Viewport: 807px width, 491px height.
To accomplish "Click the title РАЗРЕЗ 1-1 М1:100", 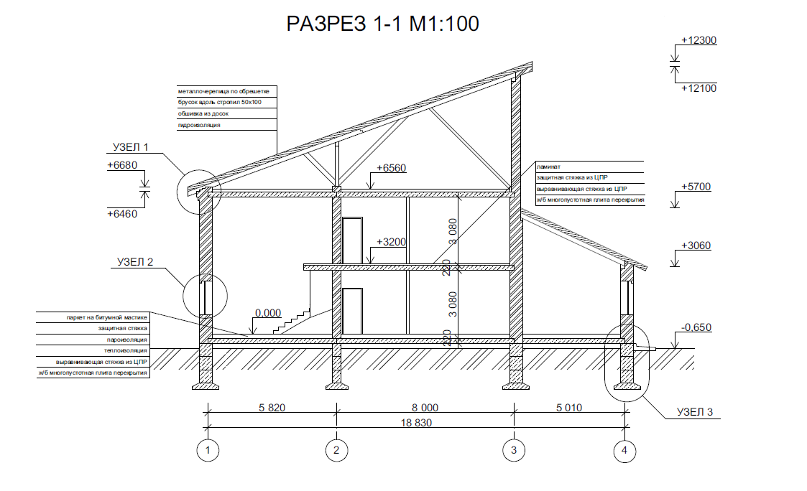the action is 382,24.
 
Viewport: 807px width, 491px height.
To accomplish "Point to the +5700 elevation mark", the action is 695,187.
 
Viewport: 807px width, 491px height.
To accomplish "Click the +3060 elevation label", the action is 695,245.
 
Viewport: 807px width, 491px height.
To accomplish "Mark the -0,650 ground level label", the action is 695,327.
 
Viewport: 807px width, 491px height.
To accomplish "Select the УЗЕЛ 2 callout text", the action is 136,262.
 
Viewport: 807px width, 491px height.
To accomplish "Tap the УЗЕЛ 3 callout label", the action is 694,413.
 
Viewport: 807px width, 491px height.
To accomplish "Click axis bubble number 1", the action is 209,450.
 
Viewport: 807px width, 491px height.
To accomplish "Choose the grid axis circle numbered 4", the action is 624,450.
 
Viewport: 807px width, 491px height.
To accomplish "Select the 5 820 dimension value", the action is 271,408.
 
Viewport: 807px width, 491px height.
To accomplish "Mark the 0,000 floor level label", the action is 267,314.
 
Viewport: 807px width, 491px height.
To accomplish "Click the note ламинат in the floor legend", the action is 548,166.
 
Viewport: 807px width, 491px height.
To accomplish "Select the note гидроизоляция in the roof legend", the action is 199,125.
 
